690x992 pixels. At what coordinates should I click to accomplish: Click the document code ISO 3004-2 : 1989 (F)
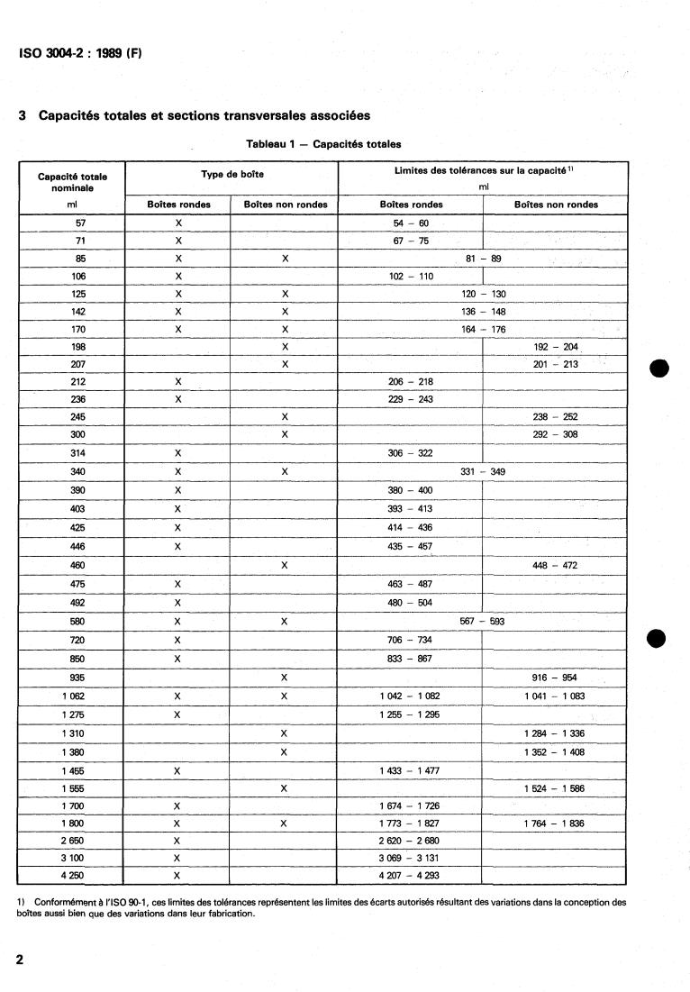[x=80, y=53]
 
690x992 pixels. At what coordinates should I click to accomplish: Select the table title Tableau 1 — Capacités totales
[x=323, y=144]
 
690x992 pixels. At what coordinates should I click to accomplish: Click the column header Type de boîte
[x=232, y=174]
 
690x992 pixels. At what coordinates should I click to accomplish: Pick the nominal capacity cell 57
[x=80, y=222]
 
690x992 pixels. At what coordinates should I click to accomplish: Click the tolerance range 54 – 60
[x=411, y=222]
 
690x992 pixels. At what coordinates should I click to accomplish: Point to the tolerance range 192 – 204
[x=555, y=346]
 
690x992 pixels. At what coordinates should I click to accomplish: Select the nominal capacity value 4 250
[x=75, y=875]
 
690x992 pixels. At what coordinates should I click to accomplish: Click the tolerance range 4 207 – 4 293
[x=411, y=875]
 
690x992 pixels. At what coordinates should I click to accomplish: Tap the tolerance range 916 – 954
[x=555, y=678]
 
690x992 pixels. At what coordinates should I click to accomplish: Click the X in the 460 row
[x=285, y=565]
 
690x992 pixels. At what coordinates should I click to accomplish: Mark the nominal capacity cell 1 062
[x=75, y=696]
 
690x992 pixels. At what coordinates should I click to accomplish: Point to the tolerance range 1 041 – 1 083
[x=555, y=696]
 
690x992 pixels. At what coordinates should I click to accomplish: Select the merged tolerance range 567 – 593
[x=482, y=621]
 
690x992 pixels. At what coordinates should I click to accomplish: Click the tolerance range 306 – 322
[x=411, y=453]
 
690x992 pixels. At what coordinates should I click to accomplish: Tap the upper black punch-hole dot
[x=658, y=369]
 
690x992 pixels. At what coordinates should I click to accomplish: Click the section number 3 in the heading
[x=22, y=116]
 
